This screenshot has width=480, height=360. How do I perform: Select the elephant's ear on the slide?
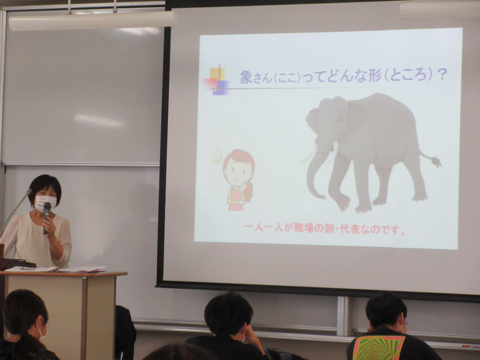coord(355,116)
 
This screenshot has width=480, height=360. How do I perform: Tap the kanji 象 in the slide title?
coord(246,77)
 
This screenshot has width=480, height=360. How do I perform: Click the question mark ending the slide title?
coord(442,75)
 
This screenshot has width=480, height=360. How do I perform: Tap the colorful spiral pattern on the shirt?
coord(378,348)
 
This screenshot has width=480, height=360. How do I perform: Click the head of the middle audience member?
coord(229,315)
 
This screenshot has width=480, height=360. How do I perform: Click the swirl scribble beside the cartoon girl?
coord(217,157)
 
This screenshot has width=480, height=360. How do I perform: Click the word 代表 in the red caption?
coord(350,229)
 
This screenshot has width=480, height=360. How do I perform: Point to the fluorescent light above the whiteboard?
coord(92,21)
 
